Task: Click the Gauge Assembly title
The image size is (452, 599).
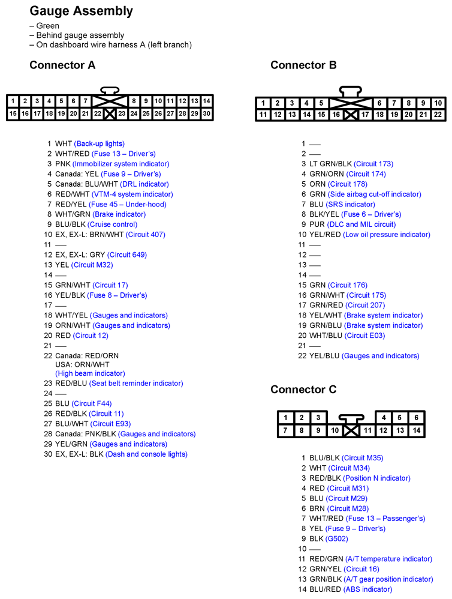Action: pos(82,11)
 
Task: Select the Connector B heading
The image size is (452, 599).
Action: pos(303,65)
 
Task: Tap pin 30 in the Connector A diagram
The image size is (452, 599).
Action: pos(207,113)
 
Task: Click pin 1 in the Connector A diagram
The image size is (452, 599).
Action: pos(13,101)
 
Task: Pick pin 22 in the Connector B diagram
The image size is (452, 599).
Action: pos(438,114)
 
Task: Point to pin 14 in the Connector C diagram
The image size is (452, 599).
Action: pos(416,430)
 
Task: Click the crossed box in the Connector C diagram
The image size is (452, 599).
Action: pos(351,430)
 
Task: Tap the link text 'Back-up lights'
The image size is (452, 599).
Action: pos(99,143)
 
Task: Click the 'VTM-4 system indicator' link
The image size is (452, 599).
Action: pos(132,194)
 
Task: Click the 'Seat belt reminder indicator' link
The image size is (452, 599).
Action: pos(137,383)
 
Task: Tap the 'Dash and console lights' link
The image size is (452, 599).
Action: pos(146,454)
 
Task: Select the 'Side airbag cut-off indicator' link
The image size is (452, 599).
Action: pos(374,194)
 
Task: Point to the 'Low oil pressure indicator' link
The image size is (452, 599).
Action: pos(387,235)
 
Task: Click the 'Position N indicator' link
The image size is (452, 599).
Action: pos(376,478)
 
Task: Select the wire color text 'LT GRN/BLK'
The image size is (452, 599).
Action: pos(330,164)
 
